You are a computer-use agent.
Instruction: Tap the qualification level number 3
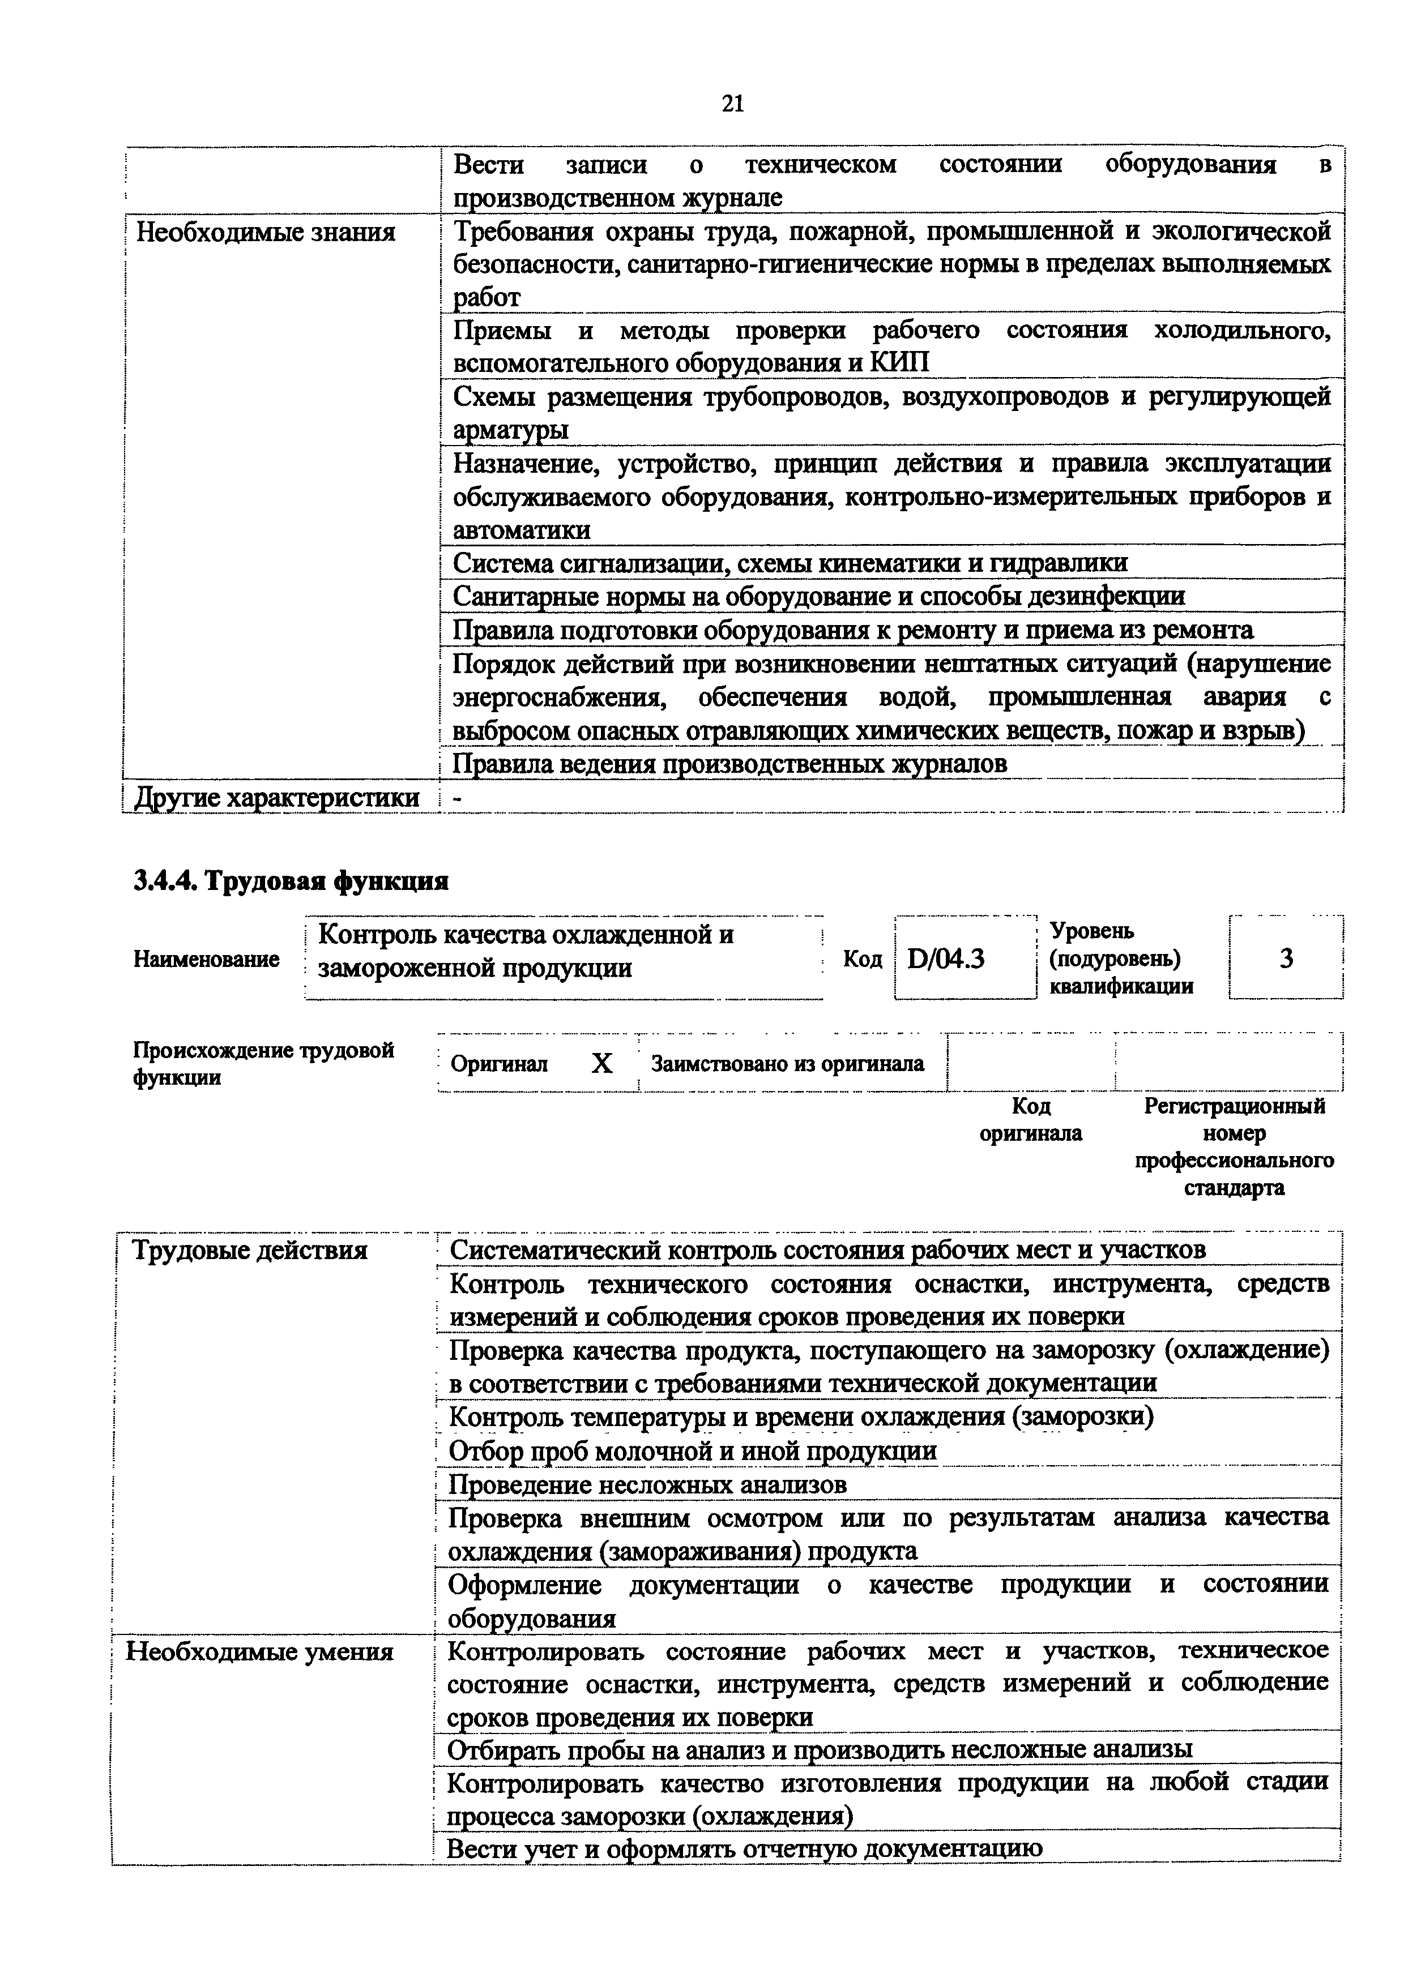(x=1286, y=958)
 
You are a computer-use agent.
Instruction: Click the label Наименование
(x=206, y=958)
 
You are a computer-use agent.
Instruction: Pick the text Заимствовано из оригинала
(x=787, y=1063)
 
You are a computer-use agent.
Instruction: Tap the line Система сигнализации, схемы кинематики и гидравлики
(x=790, y=563)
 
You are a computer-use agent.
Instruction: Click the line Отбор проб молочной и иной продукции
(x=693, y=1450)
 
